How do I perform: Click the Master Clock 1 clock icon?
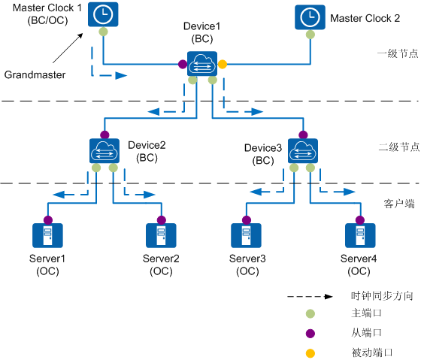click(103, 14)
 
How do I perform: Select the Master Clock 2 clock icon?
click(310, 17)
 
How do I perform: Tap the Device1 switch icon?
click(202, 64)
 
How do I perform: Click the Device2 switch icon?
click(104, 151)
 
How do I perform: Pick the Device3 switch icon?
click(303, 151)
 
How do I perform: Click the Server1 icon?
click(47, 235)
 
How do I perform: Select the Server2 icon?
click(161, 235)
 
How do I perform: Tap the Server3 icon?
click(246, 235)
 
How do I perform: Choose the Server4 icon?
click(360, 235)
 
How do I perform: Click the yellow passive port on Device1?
click(223, 64)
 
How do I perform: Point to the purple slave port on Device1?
click(183, 64)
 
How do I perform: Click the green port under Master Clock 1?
click(104, 32)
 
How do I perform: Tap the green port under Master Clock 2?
click(310, 35)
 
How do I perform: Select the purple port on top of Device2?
click(104, 135)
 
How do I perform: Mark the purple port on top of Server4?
click(360, 220)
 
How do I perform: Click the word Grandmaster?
click(35, 74)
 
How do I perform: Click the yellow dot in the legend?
click(310, 353)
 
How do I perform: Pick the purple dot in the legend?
click(310, 334)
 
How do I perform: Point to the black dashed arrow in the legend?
click(310, 297)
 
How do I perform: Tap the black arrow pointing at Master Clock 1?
click(68, 48)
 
